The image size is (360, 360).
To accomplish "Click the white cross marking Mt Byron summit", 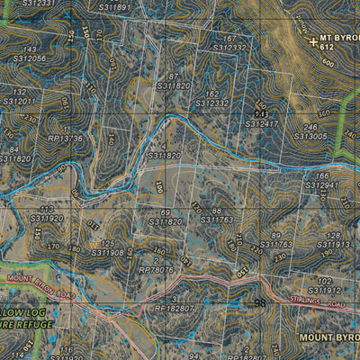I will [312, 41].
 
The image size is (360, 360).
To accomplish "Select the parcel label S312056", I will [31, 58].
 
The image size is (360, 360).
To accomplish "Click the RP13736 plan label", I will [66, 139].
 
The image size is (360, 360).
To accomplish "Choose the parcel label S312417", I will [262, 122].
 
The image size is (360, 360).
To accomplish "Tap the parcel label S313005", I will [310, 137].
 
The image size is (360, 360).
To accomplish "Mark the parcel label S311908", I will [106, 253].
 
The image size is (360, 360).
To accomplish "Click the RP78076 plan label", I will [156, 269].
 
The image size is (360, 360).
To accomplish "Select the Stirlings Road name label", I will [324, 306].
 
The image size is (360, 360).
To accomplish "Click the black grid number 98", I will [260, 303].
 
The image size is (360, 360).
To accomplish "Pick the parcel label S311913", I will [330, 244].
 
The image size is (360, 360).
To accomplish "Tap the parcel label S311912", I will [324, 291].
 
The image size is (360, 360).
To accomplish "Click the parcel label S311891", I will [115, 7].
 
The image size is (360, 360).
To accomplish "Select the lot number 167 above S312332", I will [230, 39].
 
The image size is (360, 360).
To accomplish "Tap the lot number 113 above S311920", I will [47, 209].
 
